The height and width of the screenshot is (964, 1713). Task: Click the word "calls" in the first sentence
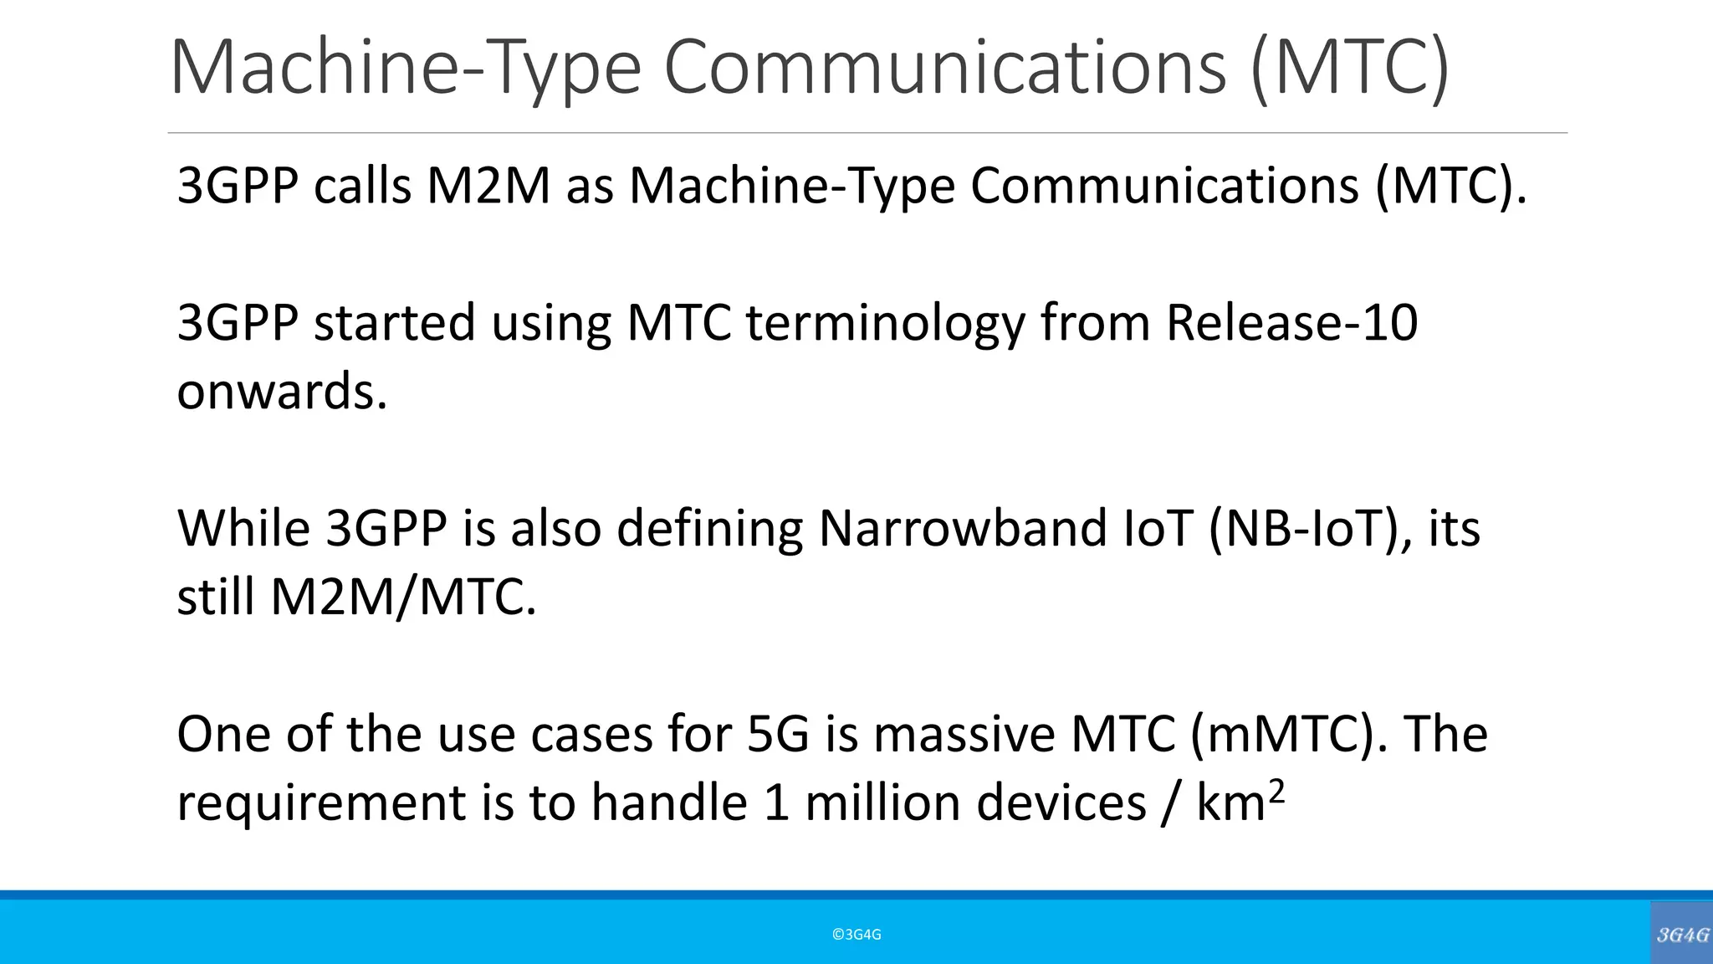(362, 185)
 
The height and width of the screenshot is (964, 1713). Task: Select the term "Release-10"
(1291, 322)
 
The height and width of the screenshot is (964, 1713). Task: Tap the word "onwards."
(282, 391)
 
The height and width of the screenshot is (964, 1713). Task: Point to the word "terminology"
(885, 322)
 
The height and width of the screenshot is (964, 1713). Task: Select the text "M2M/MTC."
(402, 597)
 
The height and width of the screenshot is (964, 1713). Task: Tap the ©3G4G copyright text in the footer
(856, 935)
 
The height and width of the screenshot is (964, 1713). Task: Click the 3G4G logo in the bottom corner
(1682, 935)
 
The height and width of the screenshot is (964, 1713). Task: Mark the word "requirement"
(321, 802)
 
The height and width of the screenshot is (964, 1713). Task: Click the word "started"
(394, 322)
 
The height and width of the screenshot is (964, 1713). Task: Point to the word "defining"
(709, 528)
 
